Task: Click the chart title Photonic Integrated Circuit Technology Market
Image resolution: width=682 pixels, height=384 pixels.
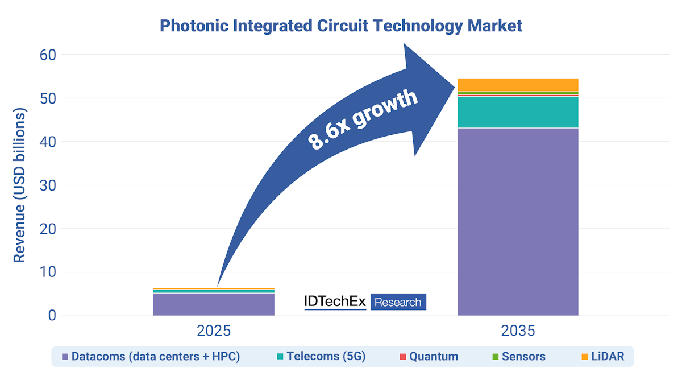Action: click(x=340, y=26)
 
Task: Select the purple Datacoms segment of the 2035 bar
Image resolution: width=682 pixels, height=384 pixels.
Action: click(x=518, y=222)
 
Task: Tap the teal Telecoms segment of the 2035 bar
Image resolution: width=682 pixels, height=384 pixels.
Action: click(x=518, y=112)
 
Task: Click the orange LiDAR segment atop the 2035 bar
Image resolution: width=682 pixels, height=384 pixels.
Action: click(x=518, y=84)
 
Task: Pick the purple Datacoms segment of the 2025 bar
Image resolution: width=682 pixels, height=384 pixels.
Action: click(x=214, y=304)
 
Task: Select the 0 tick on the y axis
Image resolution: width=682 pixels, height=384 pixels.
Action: click(x=51, y=316)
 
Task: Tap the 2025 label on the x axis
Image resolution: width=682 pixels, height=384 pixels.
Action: click(x=214, y=331)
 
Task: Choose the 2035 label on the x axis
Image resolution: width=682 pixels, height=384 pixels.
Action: click(x=518, y=331)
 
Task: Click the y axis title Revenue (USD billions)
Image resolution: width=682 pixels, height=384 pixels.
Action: click(x=20, y=185)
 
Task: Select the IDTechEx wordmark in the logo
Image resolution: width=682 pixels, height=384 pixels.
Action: click(x=335, y=302)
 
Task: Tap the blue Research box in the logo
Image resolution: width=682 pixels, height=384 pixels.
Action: click(x=398, y=302)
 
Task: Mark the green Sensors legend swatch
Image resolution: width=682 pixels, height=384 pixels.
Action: click(x=495, y=357)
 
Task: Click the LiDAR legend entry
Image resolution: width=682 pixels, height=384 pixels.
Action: click(x=603, y=357)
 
